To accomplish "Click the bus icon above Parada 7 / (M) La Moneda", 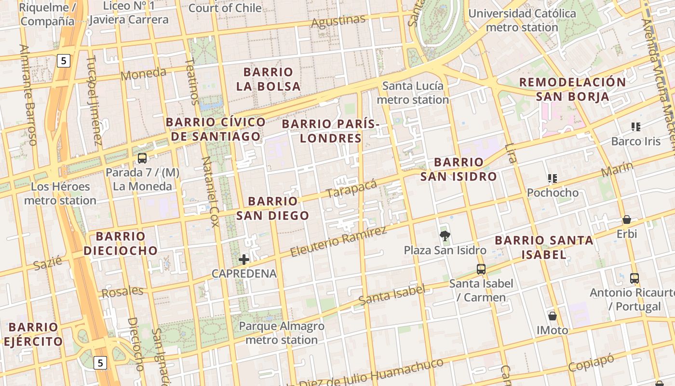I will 142,158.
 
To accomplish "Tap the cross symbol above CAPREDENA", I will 244,260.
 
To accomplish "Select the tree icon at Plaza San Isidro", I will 445,236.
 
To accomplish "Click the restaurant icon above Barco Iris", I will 635,127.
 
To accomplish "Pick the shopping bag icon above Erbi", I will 627,220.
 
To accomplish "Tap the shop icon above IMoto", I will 553,317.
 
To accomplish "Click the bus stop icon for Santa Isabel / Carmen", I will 481,269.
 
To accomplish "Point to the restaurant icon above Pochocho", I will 553,179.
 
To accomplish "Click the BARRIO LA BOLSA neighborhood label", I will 269,79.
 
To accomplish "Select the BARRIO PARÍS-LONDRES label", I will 331,131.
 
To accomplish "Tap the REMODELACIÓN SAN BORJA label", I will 572,89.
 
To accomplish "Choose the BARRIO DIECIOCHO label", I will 121,243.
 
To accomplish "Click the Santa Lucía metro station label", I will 413,93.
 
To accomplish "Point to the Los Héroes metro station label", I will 60,193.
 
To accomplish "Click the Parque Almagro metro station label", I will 282,333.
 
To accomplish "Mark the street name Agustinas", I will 338,21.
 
